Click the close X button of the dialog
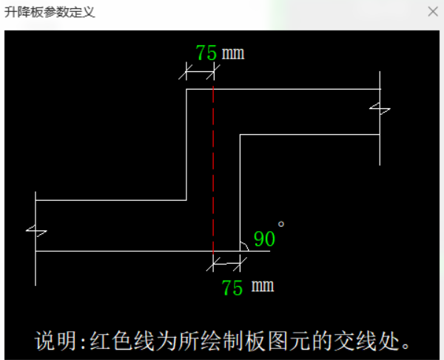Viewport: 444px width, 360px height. [433, 12]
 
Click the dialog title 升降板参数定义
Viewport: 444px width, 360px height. [50, 12]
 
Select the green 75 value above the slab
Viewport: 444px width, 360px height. [206, 53]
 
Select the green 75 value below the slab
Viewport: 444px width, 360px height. [232, 287]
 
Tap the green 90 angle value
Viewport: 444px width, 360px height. [264, 239]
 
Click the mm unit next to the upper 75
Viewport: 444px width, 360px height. [233, 53]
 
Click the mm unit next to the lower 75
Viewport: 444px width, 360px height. [263, 286]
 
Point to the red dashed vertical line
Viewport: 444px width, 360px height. [213, 170]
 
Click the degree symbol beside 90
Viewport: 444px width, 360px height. [281, 224]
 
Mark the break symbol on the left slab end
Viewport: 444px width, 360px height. [36, 231]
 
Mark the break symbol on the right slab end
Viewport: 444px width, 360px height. [380, 109]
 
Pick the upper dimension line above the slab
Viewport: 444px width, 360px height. [200, 71]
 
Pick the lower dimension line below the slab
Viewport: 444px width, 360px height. [226, 264]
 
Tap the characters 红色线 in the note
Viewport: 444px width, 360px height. [122, 341]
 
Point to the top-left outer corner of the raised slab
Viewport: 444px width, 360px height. [186, 90]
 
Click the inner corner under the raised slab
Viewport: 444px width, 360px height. [240, 135]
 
